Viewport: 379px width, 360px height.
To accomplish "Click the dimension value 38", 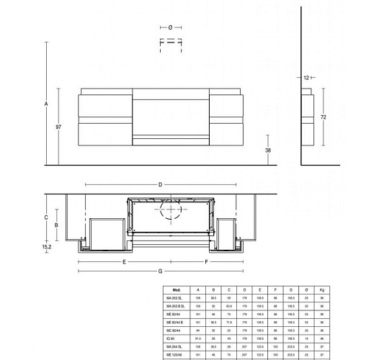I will pos(268,150).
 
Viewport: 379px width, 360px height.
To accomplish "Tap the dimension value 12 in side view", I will pos(306,77).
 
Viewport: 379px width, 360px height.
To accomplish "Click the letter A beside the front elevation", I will pos(46,104).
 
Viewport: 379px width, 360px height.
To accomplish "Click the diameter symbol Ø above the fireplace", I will pos(171,27).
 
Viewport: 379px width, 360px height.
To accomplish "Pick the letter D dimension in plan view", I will pos(160,185).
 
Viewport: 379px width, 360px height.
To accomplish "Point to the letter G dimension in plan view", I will pos(160,270).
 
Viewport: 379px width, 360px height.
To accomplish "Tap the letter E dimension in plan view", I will pos(124,262).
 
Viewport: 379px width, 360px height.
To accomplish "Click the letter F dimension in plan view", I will pos(207,262).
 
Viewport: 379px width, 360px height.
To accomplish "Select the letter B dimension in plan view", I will pos(55,225).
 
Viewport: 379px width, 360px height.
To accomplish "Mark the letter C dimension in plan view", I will pos(45,216).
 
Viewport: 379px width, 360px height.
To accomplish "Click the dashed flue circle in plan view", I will pos(171,210).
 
